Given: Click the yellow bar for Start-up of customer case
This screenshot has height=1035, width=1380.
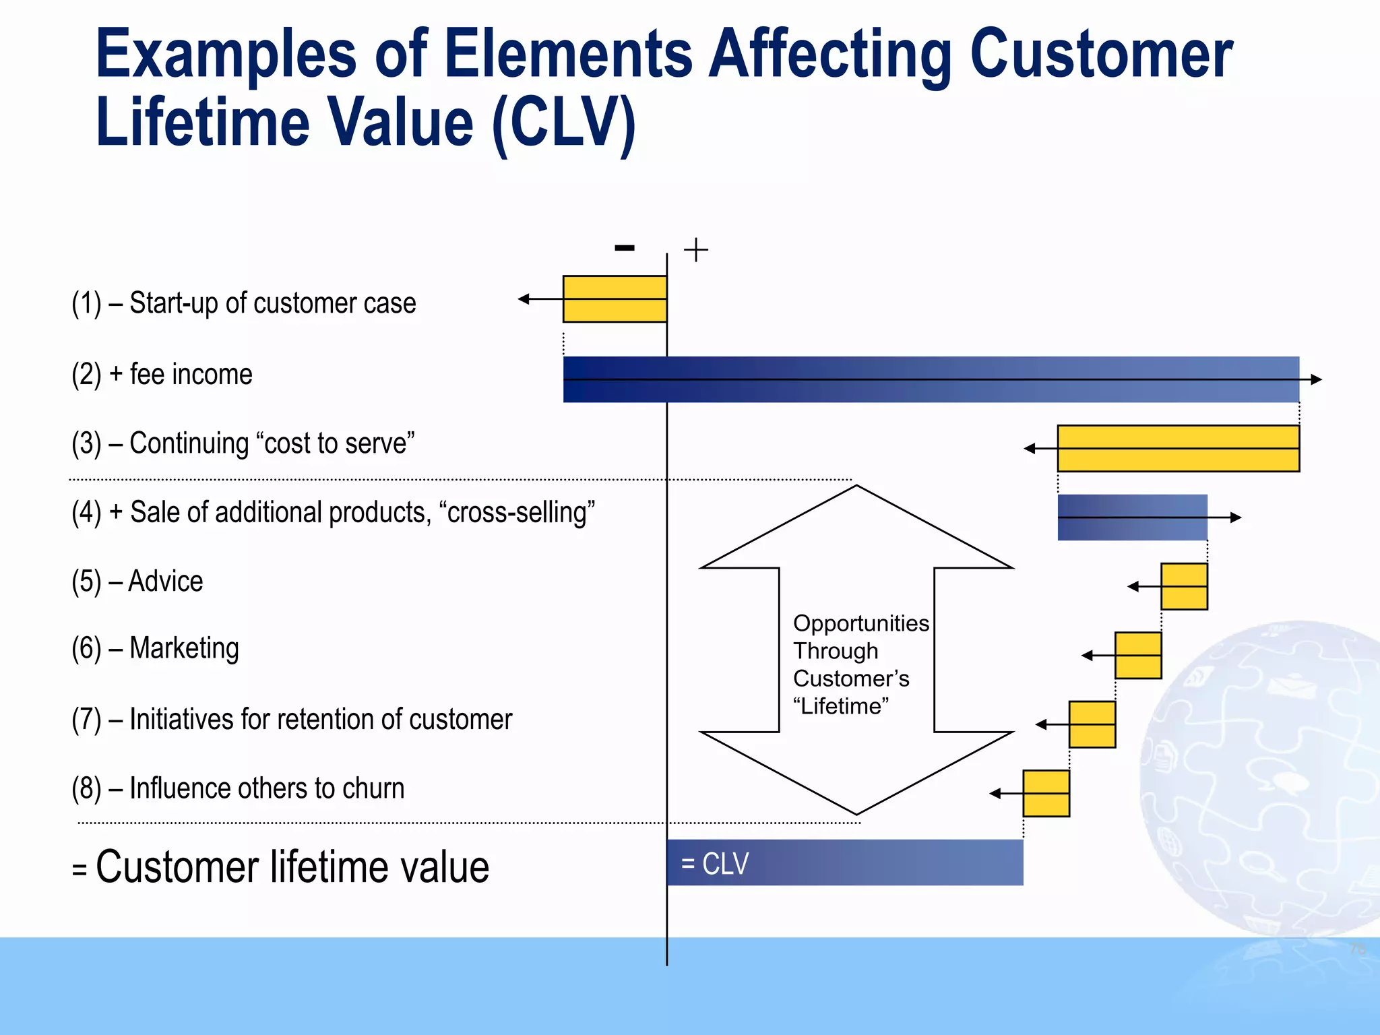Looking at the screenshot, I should point(615,299).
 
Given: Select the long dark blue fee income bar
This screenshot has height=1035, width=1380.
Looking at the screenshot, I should point(930,379).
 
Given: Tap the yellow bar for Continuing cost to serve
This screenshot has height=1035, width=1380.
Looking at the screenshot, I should point(1178,448).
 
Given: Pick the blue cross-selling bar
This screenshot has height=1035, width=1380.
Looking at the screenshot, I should point(1132,517).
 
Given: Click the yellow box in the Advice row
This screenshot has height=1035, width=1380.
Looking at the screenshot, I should point(1184,586).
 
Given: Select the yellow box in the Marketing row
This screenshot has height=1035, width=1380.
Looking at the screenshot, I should point(1138,655).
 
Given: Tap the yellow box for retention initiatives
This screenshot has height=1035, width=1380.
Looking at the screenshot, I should point(1092,724).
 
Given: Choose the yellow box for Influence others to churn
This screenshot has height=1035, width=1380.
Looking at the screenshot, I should point(1046,793).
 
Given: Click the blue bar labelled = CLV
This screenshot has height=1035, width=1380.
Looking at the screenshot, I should point(844,862).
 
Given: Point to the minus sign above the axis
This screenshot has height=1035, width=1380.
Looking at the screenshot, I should point(625,248).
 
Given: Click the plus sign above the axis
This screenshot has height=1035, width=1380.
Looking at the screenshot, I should point(696,250).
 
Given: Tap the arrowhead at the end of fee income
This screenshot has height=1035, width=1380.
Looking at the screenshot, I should point(1316,379).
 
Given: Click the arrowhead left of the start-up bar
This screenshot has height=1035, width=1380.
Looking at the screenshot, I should point(524,299).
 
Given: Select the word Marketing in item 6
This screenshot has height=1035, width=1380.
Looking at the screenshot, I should point(184,648).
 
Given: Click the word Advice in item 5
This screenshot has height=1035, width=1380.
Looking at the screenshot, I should point(165,581).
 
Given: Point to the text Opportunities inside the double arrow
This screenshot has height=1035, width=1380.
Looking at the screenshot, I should point(860,623).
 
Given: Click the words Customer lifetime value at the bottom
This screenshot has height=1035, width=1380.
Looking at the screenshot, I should point(292,867).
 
